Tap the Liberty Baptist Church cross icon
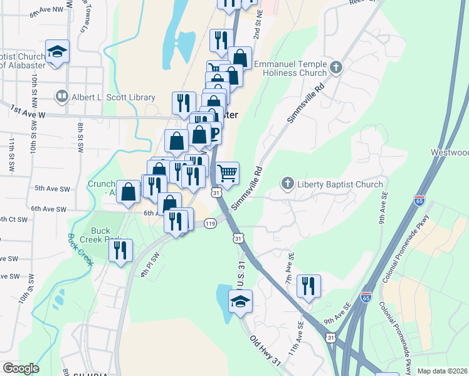pyautogui.click(x=288, y=184)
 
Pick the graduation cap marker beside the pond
pyautogui.click(x=240, y=302)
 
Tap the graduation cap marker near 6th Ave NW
pyautogui.click(x=57, y=52)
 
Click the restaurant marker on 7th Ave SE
pyautogui.click(x=308, y=286)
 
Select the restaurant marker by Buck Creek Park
pyautogui.click(x=120, y=251)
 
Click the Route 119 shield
pyautogui.click(x=210, y=223)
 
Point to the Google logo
pyautogui.click(x=21, y=368)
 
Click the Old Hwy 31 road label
pyautogui.click(x=265, y=351)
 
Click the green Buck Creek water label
pyautogui.click(x=80, y=249)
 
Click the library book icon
pyautogui.click(x=62, y=97)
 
